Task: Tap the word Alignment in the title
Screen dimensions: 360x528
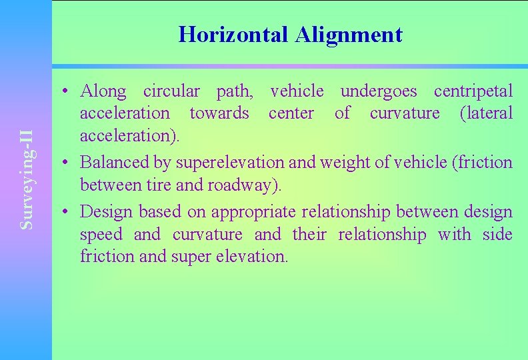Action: (x=348, y=35)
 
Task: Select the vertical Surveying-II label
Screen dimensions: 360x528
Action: (x=27, y=179)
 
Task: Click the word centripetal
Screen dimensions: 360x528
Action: (x=473, y=91)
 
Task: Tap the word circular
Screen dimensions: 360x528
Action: (x=171, y=91)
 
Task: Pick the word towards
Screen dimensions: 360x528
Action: (x=219, y=113)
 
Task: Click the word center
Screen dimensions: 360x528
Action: (x=291, y=113)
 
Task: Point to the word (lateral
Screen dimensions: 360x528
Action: (x=487, y=113)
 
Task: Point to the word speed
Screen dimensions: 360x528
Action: (x=101, y=235)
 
